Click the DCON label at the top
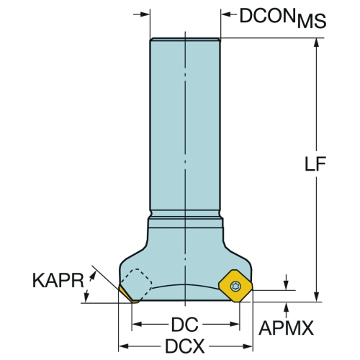pyautogui.click(x=267, y=16)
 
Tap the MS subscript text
pyautogui.click(x=312, y=22)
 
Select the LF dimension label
pyautogui.click(x=315, y=164)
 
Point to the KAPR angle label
pyautogui.click(x=58, y=280)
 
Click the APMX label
pyautogui.click(x=286, y=328)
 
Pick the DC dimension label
pyautogui.click(x=185, y=325)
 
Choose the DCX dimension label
pyautogui.click(x=185, y=346)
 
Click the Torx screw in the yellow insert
pyautogui.click(x=235, y=286)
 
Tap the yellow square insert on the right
pyautogui.click(x=235, y=286)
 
